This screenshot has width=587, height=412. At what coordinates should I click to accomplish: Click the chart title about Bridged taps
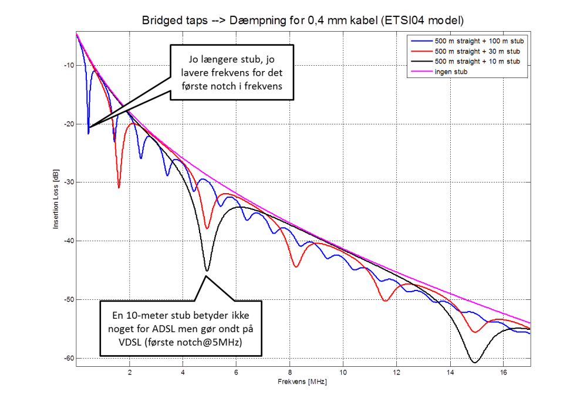(302, 21)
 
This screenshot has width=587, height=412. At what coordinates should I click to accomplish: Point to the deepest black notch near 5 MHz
(207, 271)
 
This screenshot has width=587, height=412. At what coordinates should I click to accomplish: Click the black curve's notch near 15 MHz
(474, 362)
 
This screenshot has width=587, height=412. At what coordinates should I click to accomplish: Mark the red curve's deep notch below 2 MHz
(119, 187)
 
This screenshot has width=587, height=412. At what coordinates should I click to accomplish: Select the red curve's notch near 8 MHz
(296, 266)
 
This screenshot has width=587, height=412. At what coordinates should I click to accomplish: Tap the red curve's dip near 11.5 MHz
(385, 300)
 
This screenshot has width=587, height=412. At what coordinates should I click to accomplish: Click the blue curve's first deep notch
(88, 133)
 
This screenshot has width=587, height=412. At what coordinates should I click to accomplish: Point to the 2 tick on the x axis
(130, 372)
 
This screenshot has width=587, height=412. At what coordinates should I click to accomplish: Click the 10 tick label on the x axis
(343, 372)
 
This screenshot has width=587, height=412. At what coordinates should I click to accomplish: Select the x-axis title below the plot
(302, 381)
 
